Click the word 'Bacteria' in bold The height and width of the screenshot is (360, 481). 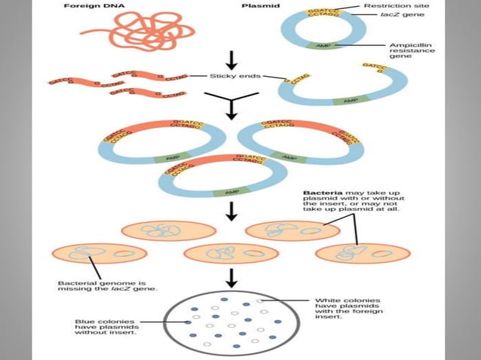pyautogui.click(x=319, y=191)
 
